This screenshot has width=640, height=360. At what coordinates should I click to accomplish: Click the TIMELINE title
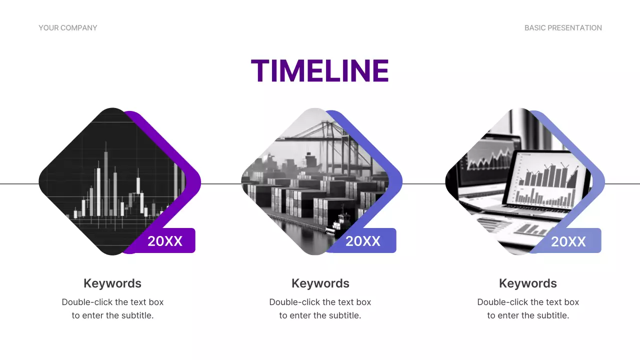coord(319,70)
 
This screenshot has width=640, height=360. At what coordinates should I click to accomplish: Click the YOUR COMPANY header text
coord(68,28)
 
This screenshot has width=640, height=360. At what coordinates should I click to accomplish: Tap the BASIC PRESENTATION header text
coord(563,28)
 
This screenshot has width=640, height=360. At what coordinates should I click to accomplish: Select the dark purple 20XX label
coord(165,241)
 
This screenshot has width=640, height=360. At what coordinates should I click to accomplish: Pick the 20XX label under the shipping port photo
coord(363,241)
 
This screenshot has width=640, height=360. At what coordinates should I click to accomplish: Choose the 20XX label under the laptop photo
coord(568,242)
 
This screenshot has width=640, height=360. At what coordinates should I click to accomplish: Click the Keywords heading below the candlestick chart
coord(112,283)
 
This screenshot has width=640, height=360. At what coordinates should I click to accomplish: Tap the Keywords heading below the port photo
coord(320,283)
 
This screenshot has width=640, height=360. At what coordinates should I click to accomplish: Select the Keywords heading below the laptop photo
coord(528,283)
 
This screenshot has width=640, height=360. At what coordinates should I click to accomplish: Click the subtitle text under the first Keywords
coord(112,309)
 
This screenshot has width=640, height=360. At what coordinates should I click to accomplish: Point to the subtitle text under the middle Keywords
coord(320,309)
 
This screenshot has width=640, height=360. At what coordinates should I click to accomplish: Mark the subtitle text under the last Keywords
coord(528,309)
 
